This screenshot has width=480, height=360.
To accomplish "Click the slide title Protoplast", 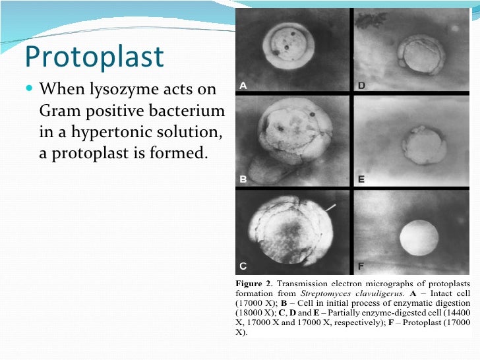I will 94,57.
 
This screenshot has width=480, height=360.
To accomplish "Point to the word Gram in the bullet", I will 60,110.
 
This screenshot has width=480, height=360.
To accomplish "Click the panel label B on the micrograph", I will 243,179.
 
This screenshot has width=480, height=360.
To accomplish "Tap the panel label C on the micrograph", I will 243,266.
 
